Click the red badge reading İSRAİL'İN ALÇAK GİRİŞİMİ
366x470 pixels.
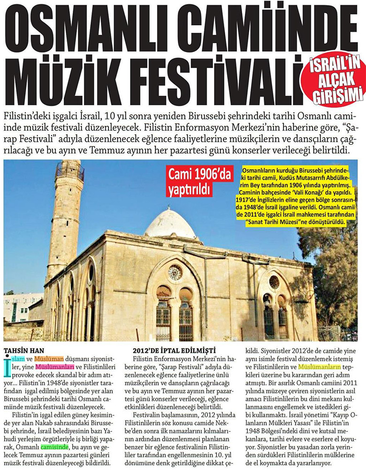(334, 78)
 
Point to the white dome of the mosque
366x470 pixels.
(171, 224)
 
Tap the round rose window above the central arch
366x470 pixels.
(175, 272)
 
